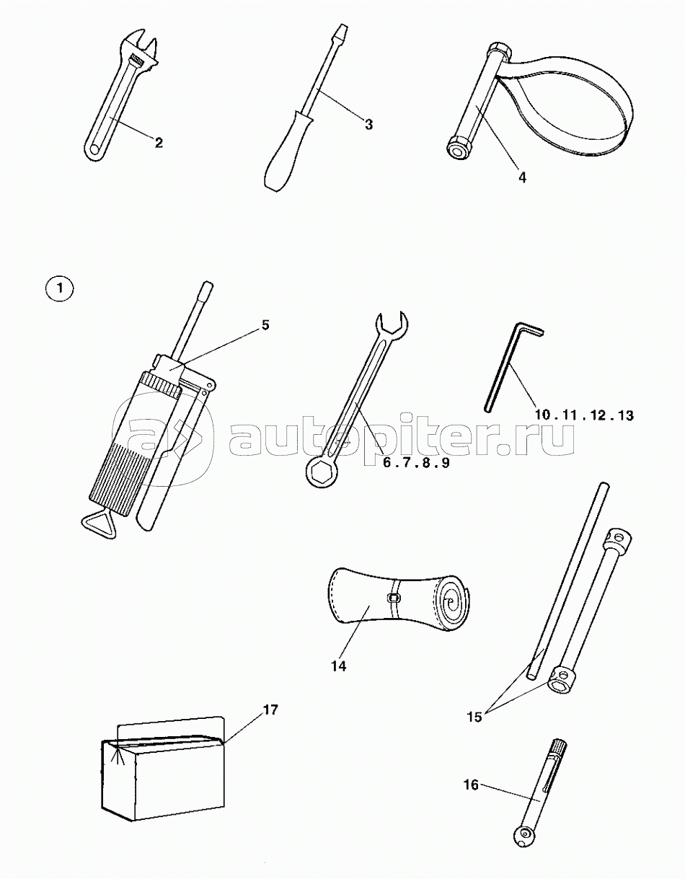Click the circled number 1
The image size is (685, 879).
(x=59, y=289)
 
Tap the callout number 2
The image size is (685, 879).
(x=159, y=143)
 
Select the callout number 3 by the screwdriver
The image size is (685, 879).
(x=368, y=124)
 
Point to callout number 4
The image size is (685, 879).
(x=523, y=177)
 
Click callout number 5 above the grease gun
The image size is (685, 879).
(x=265, y=324)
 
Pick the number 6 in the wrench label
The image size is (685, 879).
(x=387, y=463)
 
